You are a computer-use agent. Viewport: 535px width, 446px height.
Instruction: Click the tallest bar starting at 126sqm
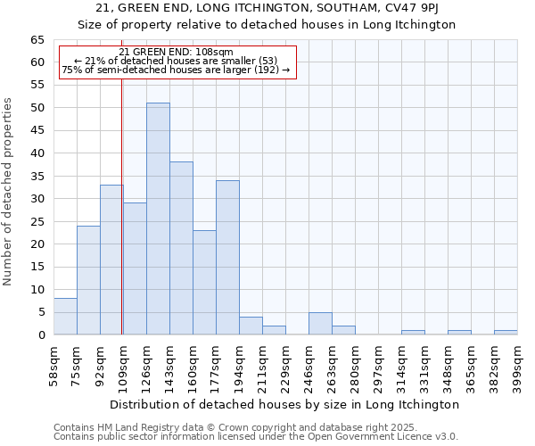point(158,219)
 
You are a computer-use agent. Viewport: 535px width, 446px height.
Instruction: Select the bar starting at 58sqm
point(65,317)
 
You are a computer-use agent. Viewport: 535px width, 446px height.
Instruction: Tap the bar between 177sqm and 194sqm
point(227,258)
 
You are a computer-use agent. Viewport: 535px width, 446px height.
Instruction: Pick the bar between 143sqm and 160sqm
point(181,248)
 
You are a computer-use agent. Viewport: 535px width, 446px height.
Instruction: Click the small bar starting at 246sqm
point(320,324)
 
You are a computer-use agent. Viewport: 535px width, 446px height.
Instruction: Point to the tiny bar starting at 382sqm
point(506,333)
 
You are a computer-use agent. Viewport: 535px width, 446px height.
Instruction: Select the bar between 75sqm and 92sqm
point(88,280)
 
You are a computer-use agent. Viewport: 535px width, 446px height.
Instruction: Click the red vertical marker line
point(121,223)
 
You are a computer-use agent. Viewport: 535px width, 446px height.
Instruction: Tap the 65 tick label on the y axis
point(37,40)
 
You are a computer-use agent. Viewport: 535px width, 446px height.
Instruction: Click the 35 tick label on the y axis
point(37,177)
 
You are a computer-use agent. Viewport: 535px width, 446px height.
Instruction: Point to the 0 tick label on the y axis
point(40,335)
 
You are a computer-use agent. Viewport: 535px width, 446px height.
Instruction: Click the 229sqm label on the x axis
point(285,363)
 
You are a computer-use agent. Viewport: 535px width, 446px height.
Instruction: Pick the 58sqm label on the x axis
point(53,363)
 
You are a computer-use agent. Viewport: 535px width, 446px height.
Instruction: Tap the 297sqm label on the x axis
point(378,363)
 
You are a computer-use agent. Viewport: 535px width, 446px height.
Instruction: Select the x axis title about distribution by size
point(285,404)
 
